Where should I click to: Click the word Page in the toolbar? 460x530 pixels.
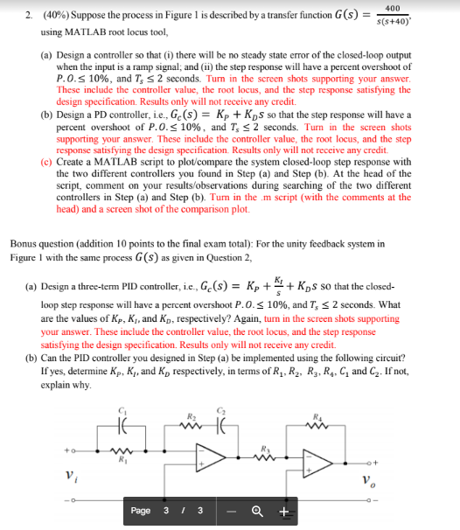[x=141, y=512]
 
